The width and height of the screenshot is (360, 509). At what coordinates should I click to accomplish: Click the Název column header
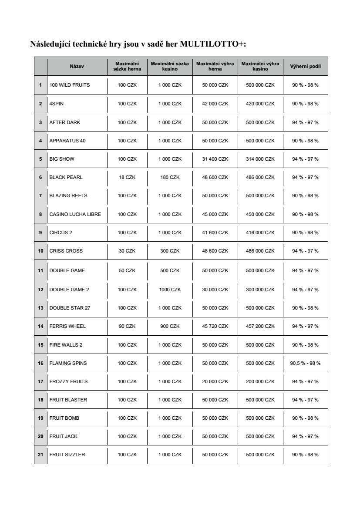click(77, 66)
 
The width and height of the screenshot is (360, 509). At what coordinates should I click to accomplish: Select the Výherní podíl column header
click(305, 66)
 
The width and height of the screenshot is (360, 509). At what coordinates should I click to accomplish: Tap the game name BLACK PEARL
click(66, 177)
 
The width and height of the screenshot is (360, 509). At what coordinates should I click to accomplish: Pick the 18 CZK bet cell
click(127, 177)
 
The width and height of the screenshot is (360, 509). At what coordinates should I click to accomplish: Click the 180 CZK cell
click(170, 177)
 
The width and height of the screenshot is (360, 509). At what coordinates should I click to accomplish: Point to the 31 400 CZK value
click(215, 159)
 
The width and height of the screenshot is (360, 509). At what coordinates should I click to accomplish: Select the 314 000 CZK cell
click(260, 159)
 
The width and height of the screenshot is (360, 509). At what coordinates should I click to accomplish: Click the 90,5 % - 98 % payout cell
click(305, 363)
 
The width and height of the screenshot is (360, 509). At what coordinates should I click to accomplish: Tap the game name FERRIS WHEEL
click(67, 326)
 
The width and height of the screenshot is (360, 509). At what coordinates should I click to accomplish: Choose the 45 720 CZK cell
click(215, 326)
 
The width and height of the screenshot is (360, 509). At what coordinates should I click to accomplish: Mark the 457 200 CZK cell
click(260, 326)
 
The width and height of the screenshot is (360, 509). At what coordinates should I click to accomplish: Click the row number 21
click(40, 455)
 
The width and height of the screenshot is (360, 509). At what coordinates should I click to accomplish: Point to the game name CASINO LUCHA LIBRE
click(75, 214)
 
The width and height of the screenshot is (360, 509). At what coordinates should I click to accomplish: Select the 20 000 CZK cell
click(215, 381)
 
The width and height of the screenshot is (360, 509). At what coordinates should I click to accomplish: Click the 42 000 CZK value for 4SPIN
click(215, 104)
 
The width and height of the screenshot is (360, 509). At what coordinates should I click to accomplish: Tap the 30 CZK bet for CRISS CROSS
click(127, 251)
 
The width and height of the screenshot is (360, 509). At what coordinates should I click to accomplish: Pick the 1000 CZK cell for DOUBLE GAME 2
click(170, 290)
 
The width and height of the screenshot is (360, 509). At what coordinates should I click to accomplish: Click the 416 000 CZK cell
click(260, 233)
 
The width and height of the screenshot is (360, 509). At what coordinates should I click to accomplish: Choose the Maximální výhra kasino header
click(260, 66)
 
